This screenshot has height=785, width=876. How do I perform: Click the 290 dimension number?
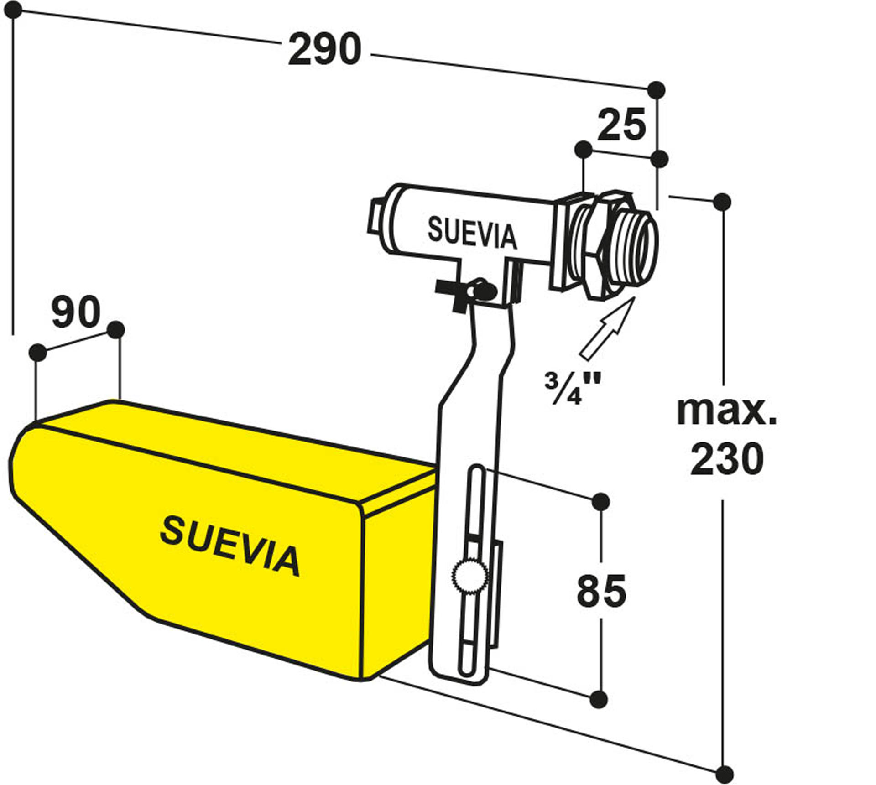(x=325, y=49)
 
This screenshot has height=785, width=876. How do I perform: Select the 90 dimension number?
(x=76, y=312)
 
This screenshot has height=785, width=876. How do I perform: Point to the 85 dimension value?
(x=601, y=591)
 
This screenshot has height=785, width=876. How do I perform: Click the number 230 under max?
(x=726, y=459)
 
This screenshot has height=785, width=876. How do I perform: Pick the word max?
(x=726, y=411)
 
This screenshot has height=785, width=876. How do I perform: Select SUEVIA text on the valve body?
(x=472, y=234)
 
